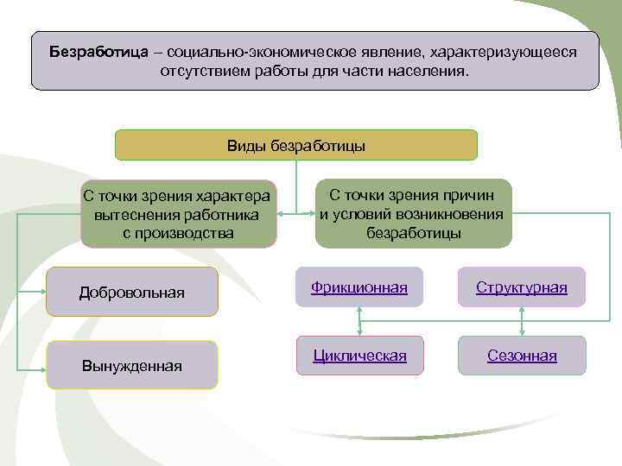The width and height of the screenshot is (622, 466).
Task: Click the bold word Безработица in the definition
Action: point(98,51)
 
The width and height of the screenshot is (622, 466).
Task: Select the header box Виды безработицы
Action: point(295,145)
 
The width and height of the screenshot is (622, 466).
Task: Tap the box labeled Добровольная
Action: point(131,293)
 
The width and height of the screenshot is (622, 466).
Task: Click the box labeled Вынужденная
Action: point(131,366)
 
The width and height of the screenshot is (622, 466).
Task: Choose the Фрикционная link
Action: point(359,287)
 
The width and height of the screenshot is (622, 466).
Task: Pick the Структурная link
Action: point(521,287)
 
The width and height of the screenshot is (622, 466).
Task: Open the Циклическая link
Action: point(359,356)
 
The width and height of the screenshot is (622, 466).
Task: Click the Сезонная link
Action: point(521,356)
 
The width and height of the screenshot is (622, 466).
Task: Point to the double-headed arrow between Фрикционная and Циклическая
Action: point(359,322)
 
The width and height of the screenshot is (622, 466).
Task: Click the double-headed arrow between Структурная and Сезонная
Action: point(521,322)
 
